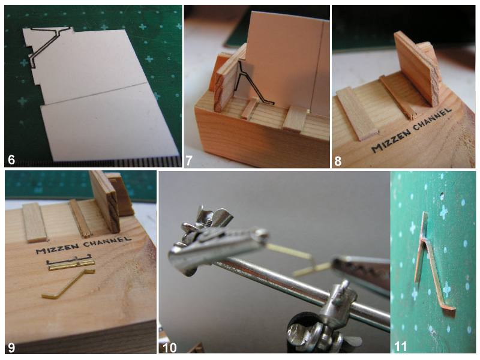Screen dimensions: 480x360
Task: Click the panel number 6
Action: tap(11, 160)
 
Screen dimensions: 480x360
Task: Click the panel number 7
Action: tap(189, 160)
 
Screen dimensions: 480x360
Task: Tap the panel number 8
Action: tap(338, 160)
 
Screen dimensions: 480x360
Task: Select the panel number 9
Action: tap(11, 347)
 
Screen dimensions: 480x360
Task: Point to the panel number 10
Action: tap(170, 348)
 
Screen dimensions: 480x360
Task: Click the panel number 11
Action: tap(400, 347)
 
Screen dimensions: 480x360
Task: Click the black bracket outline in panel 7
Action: tap(251, 84)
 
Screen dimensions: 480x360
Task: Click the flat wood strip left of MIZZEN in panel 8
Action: tap(356, 113)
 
